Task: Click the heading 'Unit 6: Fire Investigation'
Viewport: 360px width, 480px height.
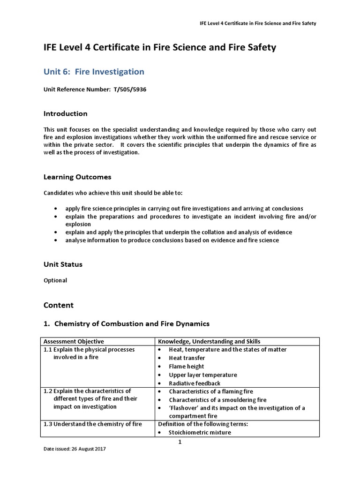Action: click(x=94, y=72)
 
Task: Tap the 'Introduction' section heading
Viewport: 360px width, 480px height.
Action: click(x=65, y=113)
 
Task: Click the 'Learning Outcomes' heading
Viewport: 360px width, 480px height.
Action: click(x=77, y=177)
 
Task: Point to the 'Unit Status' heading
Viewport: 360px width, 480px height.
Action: click(x=63, y=264)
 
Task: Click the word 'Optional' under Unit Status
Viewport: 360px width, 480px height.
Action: click(x=55, y=280)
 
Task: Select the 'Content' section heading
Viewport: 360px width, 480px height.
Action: click(x=59, y=305)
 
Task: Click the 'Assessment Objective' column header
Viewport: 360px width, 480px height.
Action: click(x=74, y=341)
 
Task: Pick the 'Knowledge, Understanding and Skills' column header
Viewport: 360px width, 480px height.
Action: click(x=209, y=341)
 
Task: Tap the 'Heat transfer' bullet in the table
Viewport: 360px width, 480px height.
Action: click(x=187, y=358)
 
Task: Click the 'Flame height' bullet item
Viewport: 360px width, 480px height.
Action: click(x=186, y=367)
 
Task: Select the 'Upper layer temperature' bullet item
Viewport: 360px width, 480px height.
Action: click(x=202, y=375)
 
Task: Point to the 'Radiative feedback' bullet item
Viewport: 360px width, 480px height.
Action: click(x=194, y=383)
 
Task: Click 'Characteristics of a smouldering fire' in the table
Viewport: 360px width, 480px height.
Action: click(x=217, y=400)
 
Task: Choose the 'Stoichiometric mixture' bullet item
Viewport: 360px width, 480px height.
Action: click(x=200, y=433)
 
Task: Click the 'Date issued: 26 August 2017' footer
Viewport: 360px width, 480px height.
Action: click(x=75, y=449)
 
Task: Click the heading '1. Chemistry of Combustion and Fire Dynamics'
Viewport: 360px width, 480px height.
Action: click(x=127, y=323)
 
